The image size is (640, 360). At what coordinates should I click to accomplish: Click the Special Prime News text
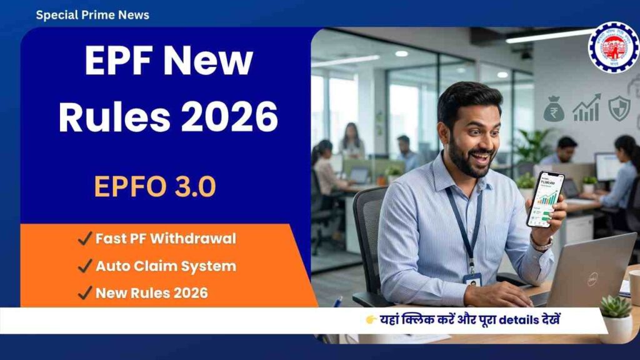(x=92, y=14)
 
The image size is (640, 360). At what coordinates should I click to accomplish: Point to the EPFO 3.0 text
(x=155, y=186)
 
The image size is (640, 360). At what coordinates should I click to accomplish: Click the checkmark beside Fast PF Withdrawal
(x=84, y=238)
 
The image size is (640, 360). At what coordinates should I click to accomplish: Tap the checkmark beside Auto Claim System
(x=84, y=266)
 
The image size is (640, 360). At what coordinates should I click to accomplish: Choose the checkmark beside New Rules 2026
(x=84, y=293)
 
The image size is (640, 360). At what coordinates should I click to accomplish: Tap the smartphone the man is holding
(x=544, y=199)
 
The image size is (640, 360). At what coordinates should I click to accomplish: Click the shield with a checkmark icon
(x=619, y=108)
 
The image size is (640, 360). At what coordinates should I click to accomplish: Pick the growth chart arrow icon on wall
(x=586, y=108)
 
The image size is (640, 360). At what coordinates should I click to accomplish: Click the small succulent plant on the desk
(x=616, y=307)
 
